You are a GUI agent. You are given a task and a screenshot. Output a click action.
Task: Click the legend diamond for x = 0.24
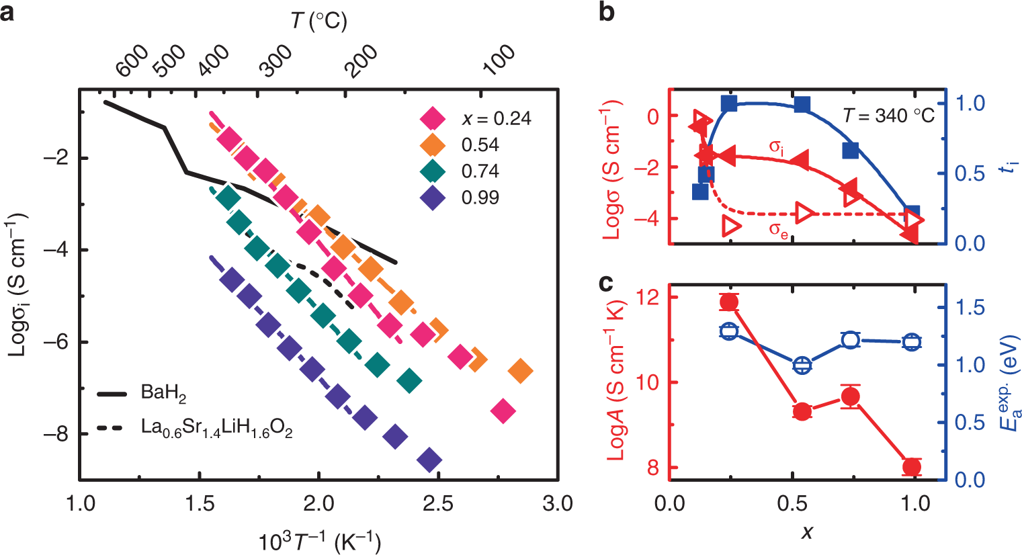[x=433, y=118]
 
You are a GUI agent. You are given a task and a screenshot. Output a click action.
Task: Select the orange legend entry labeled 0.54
[x=433, y=144]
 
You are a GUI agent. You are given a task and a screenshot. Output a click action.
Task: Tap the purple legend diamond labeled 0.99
[x=433, y=198]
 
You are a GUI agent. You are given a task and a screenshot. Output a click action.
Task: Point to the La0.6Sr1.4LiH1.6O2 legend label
[x=216, y=428]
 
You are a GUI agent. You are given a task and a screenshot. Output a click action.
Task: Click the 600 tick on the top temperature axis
[x=132, y=61]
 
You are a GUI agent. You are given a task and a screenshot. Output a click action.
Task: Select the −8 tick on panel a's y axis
[x=58, y=435]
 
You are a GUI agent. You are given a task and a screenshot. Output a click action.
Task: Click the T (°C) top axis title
[x=318, y=22]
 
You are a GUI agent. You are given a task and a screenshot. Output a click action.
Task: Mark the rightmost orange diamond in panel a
[x=520, y=370]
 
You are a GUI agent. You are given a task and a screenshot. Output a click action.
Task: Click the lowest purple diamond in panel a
[x=429, y=461]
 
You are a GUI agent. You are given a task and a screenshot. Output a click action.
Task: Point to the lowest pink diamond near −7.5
[x=503, y=411]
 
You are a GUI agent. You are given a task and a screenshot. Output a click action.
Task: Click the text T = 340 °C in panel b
[x=888, y=116]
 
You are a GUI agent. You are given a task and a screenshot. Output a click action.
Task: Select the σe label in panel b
[x=778, y=230]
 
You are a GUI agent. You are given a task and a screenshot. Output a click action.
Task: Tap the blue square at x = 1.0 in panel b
[x=912, y=212]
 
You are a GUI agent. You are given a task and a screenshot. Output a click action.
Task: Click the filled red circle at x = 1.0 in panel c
[x=912, y=467]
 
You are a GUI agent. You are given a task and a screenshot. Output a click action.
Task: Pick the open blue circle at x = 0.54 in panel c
[x=802, y=366]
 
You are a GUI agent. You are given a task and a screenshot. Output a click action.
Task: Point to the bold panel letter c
[x=605, y=284]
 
